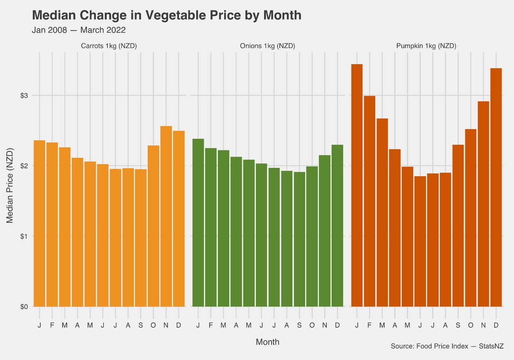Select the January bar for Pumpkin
(x=357, y=185)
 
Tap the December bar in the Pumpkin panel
(x=496, y=187)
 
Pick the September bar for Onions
(x=299, y=239)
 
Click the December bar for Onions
(x=337, y=226)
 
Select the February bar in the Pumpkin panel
(x=369, y=201)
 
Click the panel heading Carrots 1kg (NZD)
(x=109, y=46)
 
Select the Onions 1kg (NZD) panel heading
(x=267, y=46)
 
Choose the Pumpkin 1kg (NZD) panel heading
(x=426, y=46)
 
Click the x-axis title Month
(x=267, y=342)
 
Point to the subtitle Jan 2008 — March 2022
(x=78, y=30)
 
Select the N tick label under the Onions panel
(x=325, y=325)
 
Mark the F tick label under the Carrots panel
(x=52, y=325)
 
